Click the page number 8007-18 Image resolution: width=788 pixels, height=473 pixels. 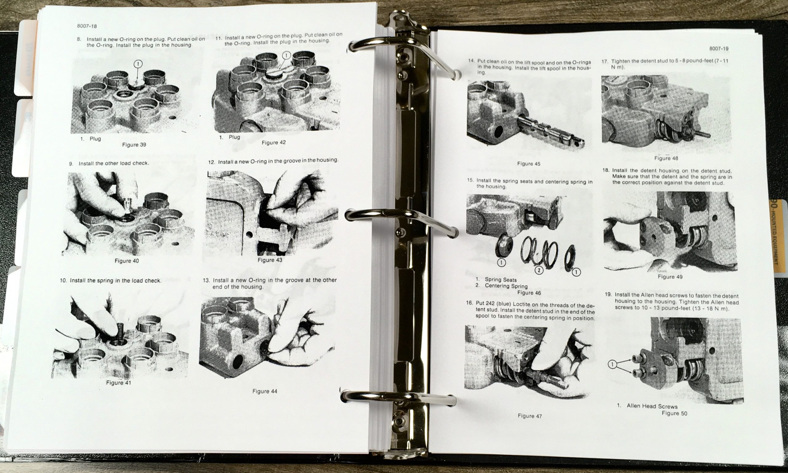coord(86,26)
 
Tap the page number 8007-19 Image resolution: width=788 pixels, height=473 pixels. coord(718,49)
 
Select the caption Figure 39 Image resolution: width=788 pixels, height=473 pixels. coord(134,145)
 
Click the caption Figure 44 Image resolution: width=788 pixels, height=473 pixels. coord(265,391)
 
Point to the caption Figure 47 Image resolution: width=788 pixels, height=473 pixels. coord(530,416)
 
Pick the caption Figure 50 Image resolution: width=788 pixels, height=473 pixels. coord(674,413)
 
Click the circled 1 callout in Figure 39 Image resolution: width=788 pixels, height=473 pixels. coord(138,64)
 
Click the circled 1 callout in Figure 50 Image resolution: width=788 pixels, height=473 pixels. coord(612,364)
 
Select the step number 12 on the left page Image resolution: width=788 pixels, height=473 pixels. coord(211,162)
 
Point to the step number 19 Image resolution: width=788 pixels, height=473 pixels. coord(608,294)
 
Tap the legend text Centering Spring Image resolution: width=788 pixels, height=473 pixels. coord(506,286)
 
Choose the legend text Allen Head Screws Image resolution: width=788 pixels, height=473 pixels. coord(648,406)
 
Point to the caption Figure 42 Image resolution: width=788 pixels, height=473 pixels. coord(274,143)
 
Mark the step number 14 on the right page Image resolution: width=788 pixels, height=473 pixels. coord(471,61)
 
